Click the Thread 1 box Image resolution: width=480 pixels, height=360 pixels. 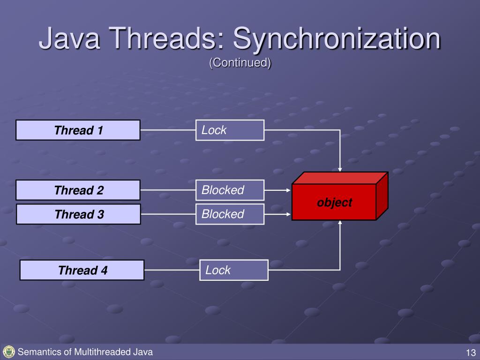[x=78, y=130]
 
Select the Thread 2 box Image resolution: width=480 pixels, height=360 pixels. [x=78, y=190]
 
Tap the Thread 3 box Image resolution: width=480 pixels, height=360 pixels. [x=78, y=215]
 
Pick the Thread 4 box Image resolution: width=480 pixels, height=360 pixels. [x=82, y=270]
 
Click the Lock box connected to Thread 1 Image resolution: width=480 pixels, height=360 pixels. [x=230, y=130]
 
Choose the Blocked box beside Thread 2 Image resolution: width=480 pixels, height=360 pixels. [x=230, y=190]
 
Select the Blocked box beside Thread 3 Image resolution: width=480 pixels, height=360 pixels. [x=230, y=214]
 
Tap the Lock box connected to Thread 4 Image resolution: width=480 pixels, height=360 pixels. [x=234, y=270]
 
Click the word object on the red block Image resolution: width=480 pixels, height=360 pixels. [x=334, y=202]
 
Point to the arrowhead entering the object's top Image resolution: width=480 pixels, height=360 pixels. [x=340, y=169]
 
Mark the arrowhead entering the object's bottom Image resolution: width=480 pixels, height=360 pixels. [x=340, y=223]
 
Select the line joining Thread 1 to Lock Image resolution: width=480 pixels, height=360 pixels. [x=168, y=130]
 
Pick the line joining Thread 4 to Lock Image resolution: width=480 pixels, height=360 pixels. [x=172, y=270]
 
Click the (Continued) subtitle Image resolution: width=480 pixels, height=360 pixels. [x=240, y=63]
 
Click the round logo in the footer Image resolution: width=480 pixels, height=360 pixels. [x=8, y=352]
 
